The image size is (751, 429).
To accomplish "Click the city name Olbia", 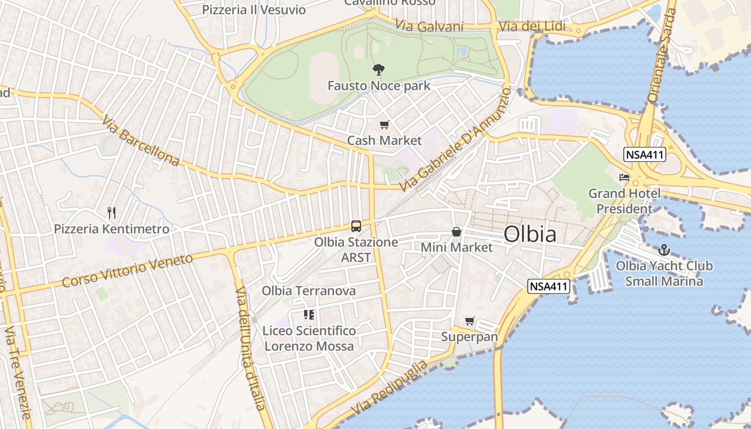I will [x=529, y=235].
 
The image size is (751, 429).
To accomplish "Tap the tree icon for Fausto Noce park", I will [x=379, y=69].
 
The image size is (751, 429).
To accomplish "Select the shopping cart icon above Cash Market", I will [x=384, y=125].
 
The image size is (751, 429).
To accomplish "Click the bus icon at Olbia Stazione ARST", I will [x=356, y=226].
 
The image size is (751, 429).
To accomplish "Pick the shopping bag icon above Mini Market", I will [x=456, y=232].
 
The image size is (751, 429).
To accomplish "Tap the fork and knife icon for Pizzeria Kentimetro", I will [x=112, y=213].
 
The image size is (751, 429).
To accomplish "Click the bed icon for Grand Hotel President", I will [x=624, y=177].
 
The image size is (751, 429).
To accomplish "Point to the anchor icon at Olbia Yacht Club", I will [x=664, y=250].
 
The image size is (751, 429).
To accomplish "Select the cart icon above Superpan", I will [x=470, y=321].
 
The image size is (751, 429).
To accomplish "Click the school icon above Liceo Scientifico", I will [x=309, y=315].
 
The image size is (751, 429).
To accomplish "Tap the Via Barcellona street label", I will [x=139, y=141].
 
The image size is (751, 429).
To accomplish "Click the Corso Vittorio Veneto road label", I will [x=127, y=271].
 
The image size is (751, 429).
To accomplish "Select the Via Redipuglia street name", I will [x=390, y=388].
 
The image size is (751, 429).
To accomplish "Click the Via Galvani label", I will [x=429, y=26].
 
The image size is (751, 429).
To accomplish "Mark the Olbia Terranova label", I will [x=308, y=291].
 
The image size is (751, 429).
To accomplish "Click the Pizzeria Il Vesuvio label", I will [x=254, y=10].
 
